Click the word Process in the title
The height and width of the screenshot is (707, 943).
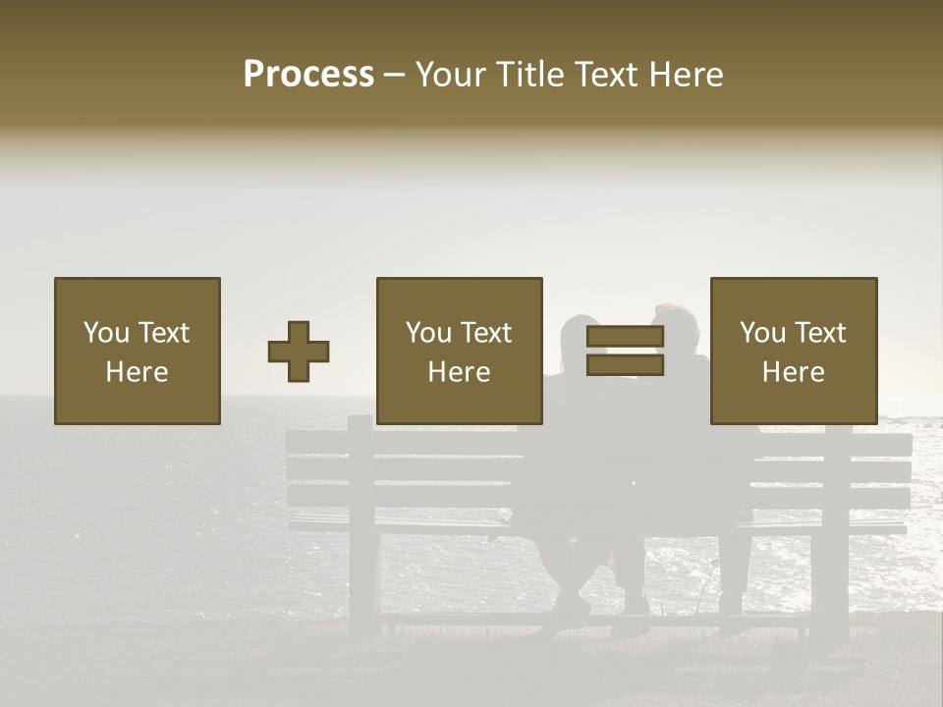coord(308,75)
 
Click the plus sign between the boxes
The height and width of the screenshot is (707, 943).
coord(299,352)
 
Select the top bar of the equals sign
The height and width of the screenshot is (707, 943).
coord(625,336)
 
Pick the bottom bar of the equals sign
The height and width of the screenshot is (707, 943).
coord(625,365)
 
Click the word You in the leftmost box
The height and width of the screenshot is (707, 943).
coord(106,333)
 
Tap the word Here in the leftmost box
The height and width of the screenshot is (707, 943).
coord(137,372)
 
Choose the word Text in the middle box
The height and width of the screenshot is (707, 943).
coord(484,333)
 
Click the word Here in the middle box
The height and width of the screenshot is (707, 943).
coord(459,372)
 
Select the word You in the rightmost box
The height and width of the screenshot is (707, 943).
coord(762,333)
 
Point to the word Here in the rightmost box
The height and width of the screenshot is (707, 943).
coord(793,372)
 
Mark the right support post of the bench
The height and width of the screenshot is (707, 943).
coord(836,530)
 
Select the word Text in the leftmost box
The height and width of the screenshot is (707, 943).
coord(162,333)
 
